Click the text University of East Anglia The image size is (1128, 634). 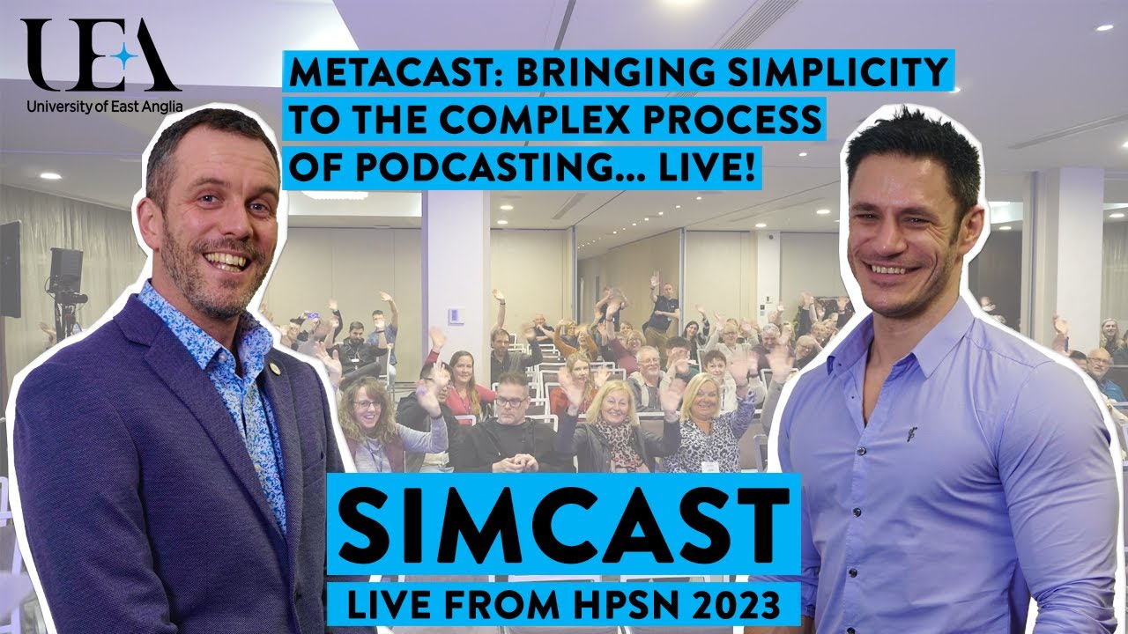pos(104,108)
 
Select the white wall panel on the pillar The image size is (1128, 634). pos(456,315)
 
